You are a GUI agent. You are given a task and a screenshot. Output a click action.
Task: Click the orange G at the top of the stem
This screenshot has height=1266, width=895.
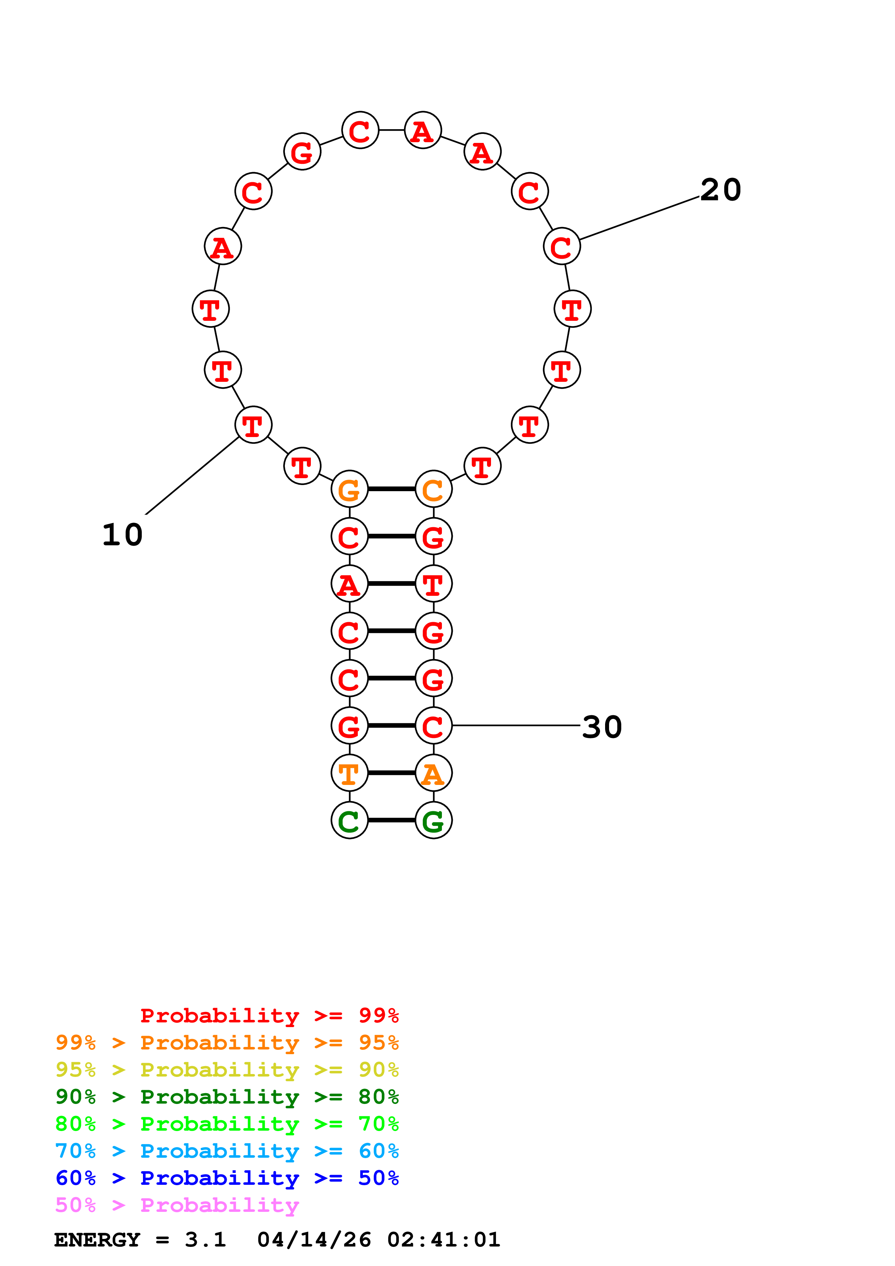point(349,489)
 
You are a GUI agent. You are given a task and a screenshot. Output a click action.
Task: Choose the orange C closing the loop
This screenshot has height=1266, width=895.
point(434,489)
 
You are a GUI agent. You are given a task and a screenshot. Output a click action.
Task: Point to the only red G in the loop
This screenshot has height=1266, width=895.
point(302,152)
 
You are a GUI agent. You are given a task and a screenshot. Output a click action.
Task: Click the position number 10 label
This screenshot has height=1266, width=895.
point(122,535)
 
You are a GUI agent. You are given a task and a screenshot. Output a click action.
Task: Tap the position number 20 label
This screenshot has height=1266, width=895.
point(720,190)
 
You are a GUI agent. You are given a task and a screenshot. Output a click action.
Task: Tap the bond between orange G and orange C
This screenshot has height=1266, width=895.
point(391,489)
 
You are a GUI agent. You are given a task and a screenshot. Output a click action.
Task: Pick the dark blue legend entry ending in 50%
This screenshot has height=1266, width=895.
point(227,1178)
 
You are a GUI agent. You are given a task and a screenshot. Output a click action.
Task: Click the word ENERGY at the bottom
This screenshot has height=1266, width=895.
point(97,1240)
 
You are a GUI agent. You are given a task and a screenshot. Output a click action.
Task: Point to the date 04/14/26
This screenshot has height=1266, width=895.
point(314,1240)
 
